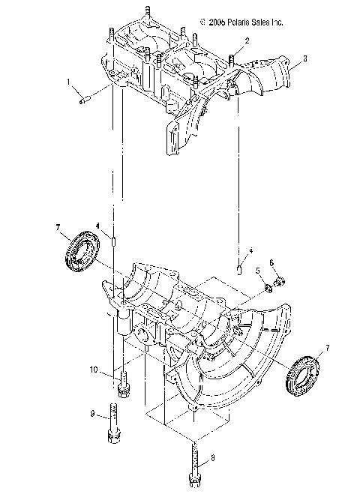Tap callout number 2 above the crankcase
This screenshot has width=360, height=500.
click(x=236, y=40)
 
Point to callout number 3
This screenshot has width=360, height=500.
click(x=304, y=58)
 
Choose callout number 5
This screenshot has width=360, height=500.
click(x=257, y=271)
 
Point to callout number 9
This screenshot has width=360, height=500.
click(x=92, y=413)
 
